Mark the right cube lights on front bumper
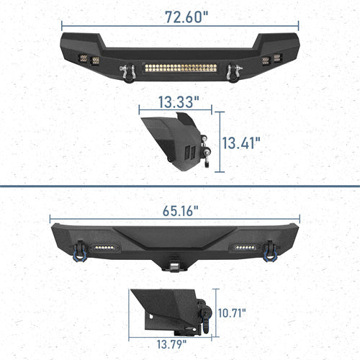(271, 61)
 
